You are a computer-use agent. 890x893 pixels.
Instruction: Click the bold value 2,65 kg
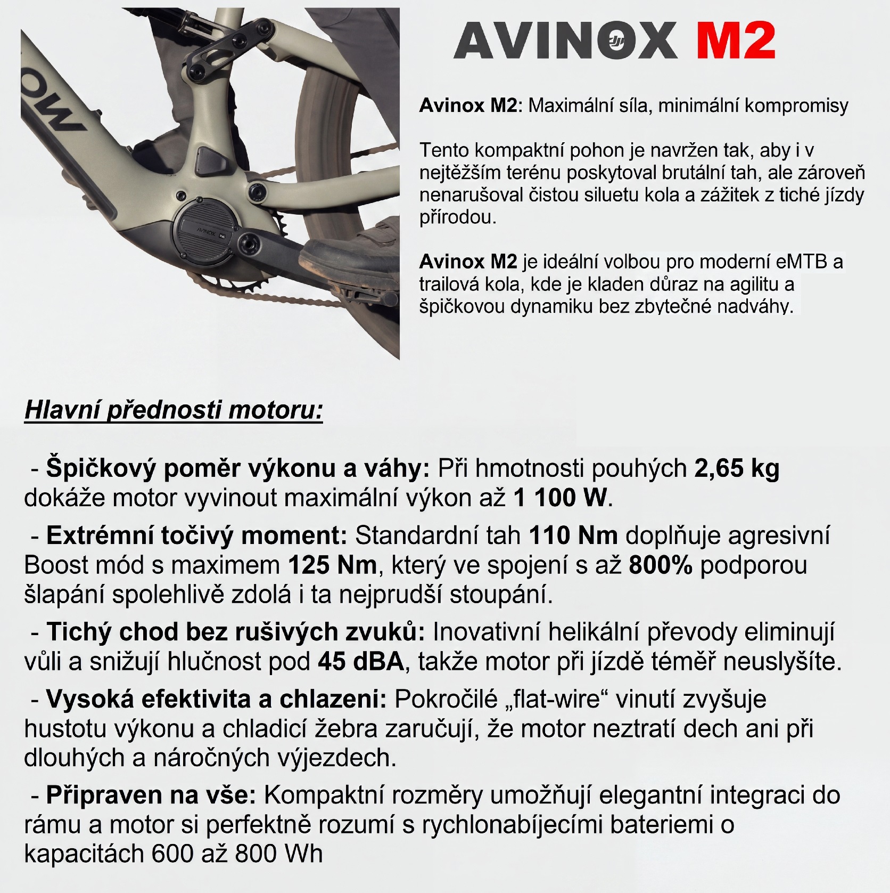[x=737, y=468]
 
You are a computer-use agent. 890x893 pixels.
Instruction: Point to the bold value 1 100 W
[x=560, y=498]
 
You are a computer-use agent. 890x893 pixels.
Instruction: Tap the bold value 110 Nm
[x=573, y=535]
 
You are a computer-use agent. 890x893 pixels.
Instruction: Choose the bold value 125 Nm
[x=332, y=565]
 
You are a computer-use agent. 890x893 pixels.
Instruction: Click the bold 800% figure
[x=661, y=565]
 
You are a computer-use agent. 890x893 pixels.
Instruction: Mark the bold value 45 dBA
[x=361, y=661]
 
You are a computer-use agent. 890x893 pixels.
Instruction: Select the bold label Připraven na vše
[x=151, y=795]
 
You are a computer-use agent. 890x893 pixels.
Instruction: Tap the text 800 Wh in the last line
[x=279, y=854]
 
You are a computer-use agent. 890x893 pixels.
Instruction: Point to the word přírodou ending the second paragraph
[x=457, y=218]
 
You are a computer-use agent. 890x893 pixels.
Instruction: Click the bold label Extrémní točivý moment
[x=196, y=535]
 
